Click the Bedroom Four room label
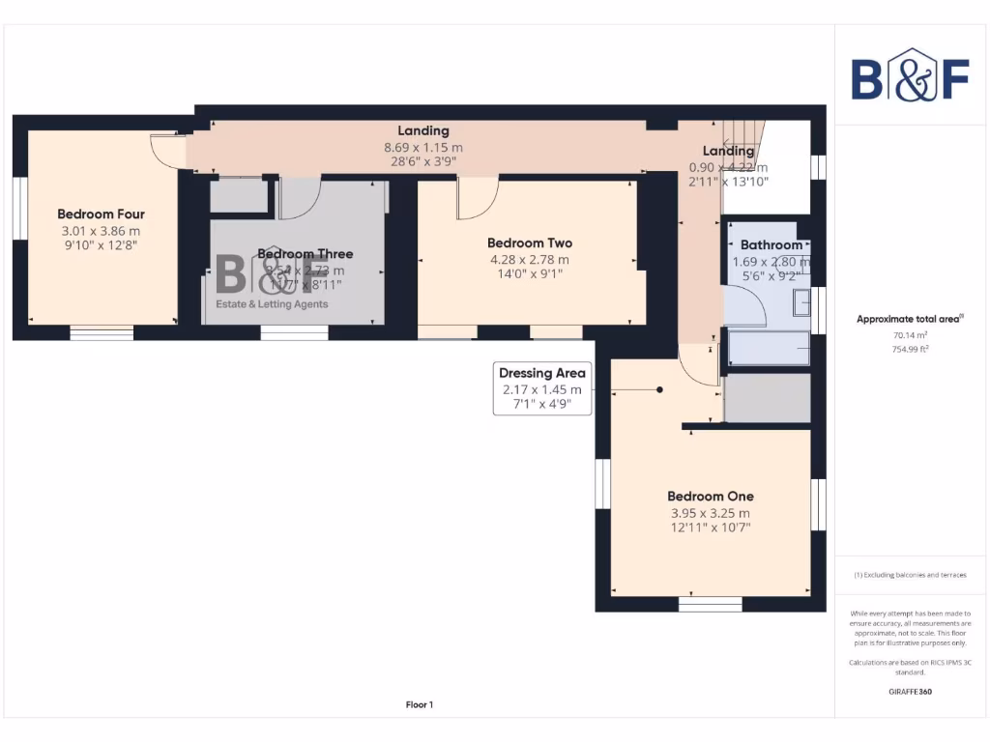[101, 214]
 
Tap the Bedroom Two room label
[529, 243]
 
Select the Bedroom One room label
[710, 497]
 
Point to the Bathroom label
[771, 245]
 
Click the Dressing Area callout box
[541, 387]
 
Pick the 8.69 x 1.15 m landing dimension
[423, 148]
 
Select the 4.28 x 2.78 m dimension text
[529, 260]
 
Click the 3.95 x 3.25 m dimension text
[710, 513]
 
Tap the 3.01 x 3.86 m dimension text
[101, 231]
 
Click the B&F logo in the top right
[910, 74]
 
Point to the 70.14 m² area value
[911, 336]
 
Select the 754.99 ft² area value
[911, 349]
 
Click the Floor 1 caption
[419, 705]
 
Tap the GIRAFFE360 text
[911, 692]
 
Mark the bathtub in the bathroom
[769, 348]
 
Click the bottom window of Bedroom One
[710, 605]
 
